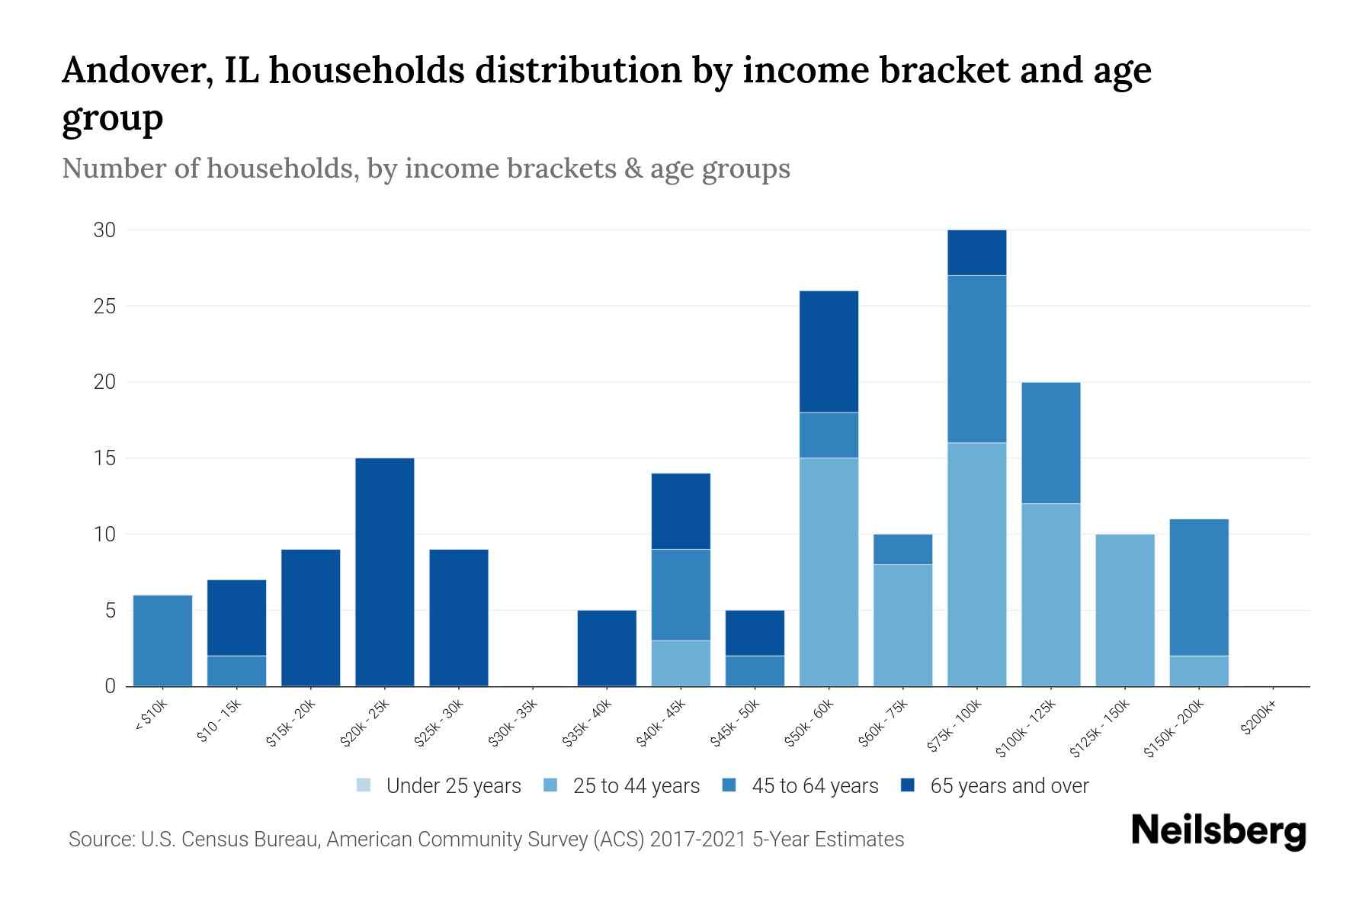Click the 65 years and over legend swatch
[908, 785]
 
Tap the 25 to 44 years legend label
[636, 785]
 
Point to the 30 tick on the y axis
[104, 230]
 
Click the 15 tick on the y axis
[104, 458]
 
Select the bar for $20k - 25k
[385, 572]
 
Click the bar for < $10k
[162, 640]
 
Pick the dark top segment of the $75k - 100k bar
[976, 252]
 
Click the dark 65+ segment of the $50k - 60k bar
[829, 352]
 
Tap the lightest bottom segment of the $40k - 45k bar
[681, 663]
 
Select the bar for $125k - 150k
[1125, 610]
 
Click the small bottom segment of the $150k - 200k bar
[1199, 671]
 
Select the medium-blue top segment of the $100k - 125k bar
[1050, 442]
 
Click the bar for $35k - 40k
[607, 648]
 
